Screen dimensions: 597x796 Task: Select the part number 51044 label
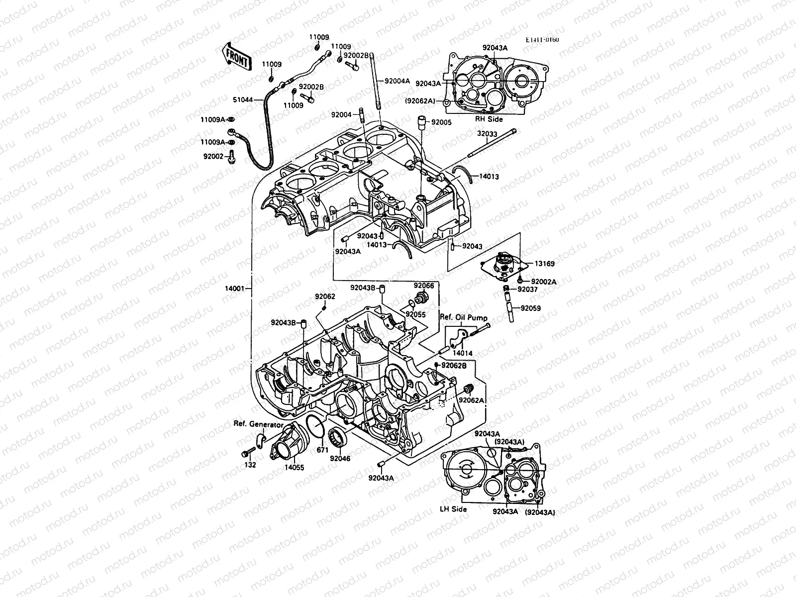pyautogui.click(x=244, y=100)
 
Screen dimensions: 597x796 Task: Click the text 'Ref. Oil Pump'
pyautogui.click(x=463, y=317)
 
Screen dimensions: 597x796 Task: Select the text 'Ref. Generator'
pyautogui.click(x=258, y=424)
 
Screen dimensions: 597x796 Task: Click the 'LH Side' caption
pyautogui.click(x=453, y=509)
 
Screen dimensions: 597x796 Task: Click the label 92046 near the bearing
pyautogui.click(x=340, y=458)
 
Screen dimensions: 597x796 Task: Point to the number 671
pyautogui.click(x=323, y=450)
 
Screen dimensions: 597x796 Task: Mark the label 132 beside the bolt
pyautogui.click(x=250, y=465)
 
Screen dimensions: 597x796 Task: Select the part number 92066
pyautogui.click(x=424, y=286)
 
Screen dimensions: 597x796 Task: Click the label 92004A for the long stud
pyautogui.click(x=397, y=81)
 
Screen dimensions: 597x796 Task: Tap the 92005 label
pyautogui.click(x=441, y=122)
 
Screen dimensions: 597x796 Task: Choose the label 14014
pyautogui.click(x=463, y=353)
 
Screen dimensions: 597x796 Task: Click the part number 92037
pyautogui.click(x=527, y=289)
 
